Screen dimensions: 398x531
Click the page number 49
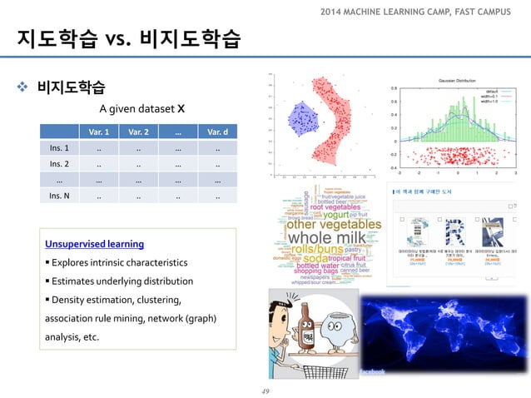(x=266, y=389)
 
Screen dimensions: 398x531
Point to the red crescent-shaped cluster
(x=332, y=125)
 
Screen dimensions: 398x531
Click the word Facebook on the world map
(x=372, y=372)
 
